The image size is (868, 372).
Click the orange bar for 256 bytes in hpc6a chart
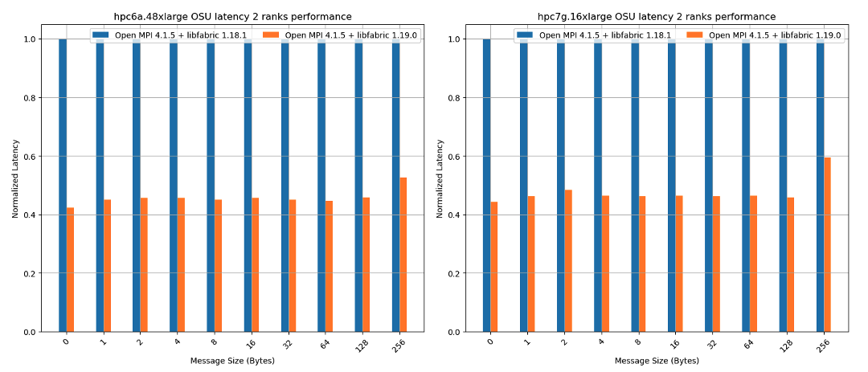[403, 255]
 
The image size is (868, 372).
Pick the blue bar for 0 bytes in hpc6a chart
[63, 185]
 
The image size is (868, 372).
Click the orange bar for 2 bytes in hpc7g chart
[568, 260]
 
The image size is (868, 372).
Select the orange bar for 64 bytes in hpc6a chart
[330, 266]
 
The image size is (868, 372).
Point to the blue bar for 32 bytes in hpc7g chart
[709, 185]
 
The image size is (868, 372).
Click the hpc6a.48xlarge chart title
[232, 16]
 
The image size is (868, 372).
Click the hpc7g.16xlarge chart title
[657, 16]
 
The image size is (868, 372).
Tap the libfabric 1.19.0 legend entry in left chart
[337, 35]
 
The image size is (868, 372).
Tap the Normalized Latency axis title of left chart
[15, 178]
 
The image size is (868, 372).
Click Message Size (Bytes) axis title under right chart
[657, 361]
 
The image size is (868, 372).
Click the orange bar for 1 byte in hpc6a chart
[108, 265]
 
